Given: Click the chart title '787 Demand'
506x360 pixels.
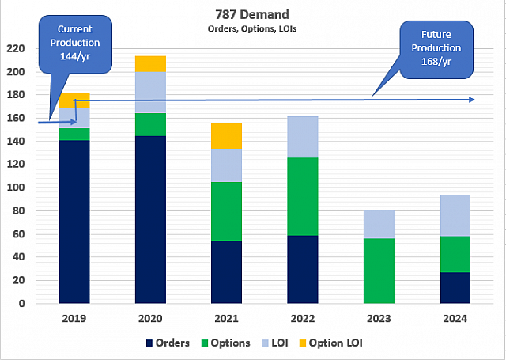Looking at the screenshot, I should coord(253,15).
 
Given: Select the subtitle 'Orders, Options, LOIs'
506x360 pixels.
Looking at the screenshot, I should coord(252,28).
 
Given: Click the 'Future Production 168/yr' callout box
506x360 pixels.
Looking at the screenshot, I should coord(435,48).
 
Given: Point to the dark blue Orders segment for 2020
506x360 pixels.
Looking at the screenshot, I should coord(150,219).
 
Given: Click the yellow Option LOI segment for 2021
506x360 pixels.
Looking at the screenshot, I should coord(227,135).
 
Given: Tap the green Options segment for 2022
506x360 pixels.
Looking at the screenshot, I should coord(303,196).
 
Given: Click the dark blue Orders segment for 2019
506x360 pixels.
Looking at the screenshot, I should coord(74,222).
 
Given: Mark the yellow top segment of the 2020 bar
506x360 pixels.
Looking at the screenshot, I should coord(150,64).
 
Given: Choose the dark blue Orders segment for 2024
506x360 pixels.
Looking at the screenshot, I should coord(455,288).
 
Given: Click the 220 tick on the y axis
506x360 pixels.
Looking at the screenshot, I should coord(16,49).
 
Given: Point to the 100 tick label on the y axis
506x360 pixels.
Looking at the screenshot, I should coord(16,188).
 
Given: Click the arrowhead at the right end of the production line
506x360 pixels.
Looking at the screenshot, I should coord(471,99).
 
